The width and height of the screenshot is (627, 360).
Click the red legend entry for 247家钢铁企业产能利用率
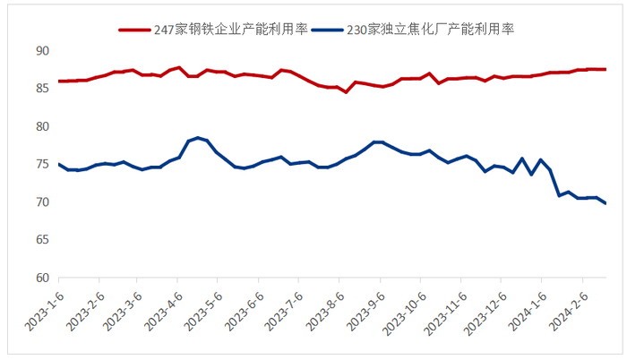click(x=214, y=29)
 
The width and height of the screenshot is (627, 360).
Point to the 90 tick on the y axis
click(x=41, y=51)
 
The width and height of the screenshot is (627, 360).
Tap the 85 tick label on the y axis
click(x=41, y=89)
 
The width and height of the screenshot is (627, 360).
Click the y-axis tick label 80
click(x=41, y=127)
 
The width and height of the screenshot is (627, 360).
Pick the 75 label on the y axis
click(x=41, y=165)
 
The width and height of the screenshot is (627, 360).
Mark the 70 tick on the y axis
click(x=41, y=202)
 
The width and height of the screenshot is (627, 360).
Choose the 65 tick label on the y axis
click(x=41, y=241)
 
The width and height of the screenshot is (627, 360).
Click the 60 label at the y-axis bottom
click(x=41, y=279)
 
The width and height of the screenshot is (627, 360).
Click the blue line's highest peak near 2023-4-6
click(x=198, y=138)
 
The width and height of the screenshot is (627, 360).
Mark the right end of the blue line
click(x=605, y=203)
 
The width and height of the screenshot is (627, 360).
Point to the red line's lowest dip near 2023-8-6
click(x=347, y=92)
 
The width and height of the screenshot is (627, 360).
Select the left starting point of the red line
click(x=59, y=81)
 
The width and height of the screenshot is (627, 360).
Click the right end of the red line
click(x=606, y=69)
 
